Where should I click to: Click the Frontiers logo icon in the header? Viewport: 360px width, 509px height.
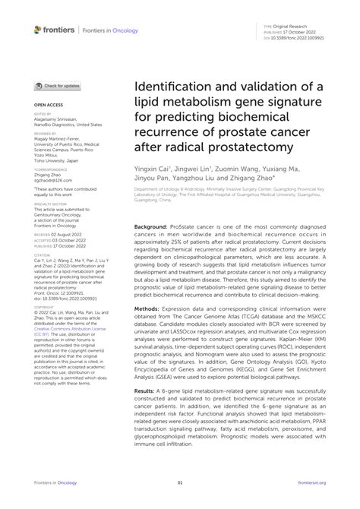tap(39, 29)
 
